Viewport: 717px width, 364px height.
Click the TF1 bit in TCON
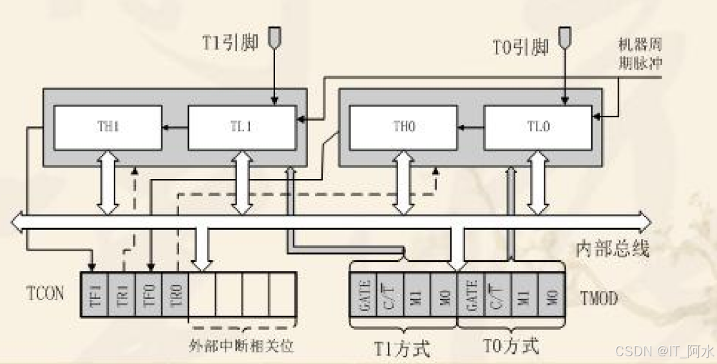pos(95,294)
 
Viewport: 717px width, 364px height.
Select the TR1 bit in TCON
pos(122,294)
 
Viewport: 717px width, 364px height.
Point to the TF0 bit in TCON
pos(149,294)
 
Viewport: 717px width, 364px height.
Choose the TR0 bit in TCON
pos(175,294)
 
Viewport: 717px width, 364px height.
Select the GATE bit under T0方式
pos(470,293)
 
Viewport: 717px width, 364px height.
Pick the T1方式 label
pos(402,348)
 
